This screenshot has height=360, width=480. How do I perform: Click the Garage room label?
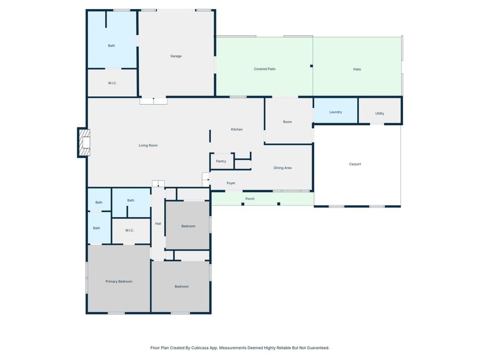(176, 56)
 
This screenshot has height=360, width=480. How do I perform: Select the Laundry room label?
(335, 112)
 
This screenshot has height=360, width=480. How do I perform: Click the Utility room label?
(380, 114)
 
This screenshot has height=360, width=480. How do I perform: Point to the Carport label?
(355, 164)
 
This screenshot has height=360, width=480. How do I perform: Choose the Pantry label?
(221, 161)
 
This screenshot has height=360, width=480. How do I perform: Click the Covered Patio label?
(265, 69)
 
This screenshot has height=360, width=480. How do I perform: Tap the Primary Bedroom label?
(119, 282)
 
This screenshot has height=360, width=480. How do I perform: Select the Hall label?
(158, 223)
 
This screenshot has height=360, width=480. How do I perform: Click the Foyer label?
(231, 183)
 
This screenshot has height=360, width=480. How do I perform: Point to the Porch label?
(250, 199)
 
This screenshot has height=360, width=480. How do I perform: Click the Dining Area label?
(283, 168)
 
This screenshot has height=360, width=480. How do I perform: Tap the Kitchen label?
(237, 130)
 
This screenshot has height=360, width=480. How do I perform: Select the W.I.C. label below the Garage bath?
(113, 83)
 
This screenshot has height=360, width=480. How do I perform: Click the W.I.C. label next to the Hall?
(130, 230)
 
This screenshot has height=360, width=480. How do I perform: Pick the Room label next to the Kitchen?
(287, 122)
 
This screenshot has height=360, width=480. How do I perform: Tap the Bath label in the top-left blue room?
(111, 46)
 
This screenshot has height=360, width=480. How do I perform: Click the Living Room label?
(148, 146)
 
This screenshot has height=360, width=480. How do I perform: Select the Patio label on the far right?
(357, 69)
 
